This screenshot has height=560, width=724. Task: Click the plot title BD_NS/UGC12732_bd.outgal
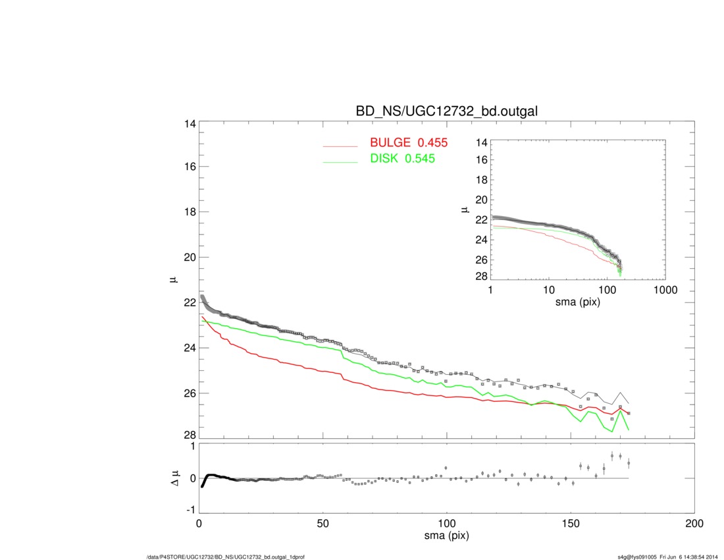click(446, 111)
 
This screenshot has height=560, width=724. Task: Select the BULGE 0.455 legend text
click(409, 143)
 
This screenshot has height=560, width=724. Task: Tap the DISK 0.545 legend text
click(401, 159)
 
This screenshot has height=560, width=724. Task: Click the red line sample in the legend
click(340, 146)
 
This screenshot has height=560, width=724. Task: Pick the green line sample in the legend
click(340, 162)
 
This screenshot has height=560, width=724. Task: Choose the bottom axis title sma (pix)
click(446, 536)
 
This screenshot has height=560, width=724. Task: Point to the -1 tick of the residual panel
click(189, 510)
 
